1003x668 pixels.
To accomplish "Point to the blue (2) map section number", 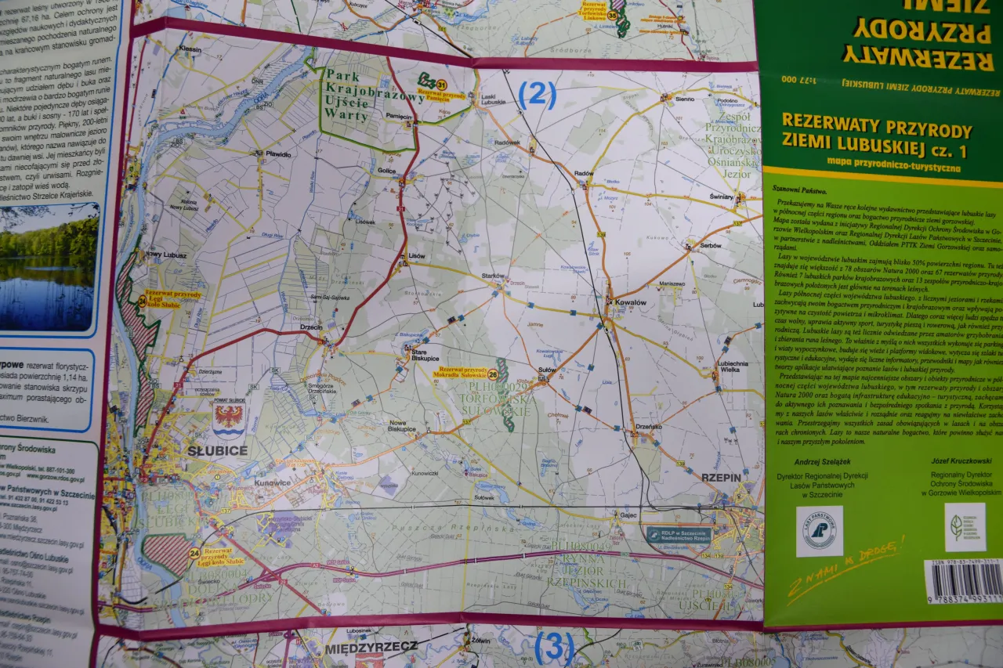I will (x=538, y=95).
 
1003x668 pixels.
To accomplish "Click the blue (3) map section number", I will (x=553, y=648).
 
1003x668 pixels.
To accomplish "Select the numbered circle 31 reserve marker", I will (x=442, y=85).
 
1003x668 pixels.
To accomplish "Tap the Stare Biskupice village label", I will (x=424, y=357).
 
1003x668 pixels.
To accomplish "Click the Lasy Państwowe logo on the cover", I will (x=819, y=530).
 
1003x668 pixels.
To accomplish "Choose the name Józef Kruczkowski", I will (x=961, y=461).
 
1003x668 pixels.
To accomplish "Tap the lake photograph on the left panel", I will (x=49, y=266).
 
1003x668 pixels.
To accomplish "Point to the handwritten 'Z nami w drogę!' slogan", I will (x=846, y=568).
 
